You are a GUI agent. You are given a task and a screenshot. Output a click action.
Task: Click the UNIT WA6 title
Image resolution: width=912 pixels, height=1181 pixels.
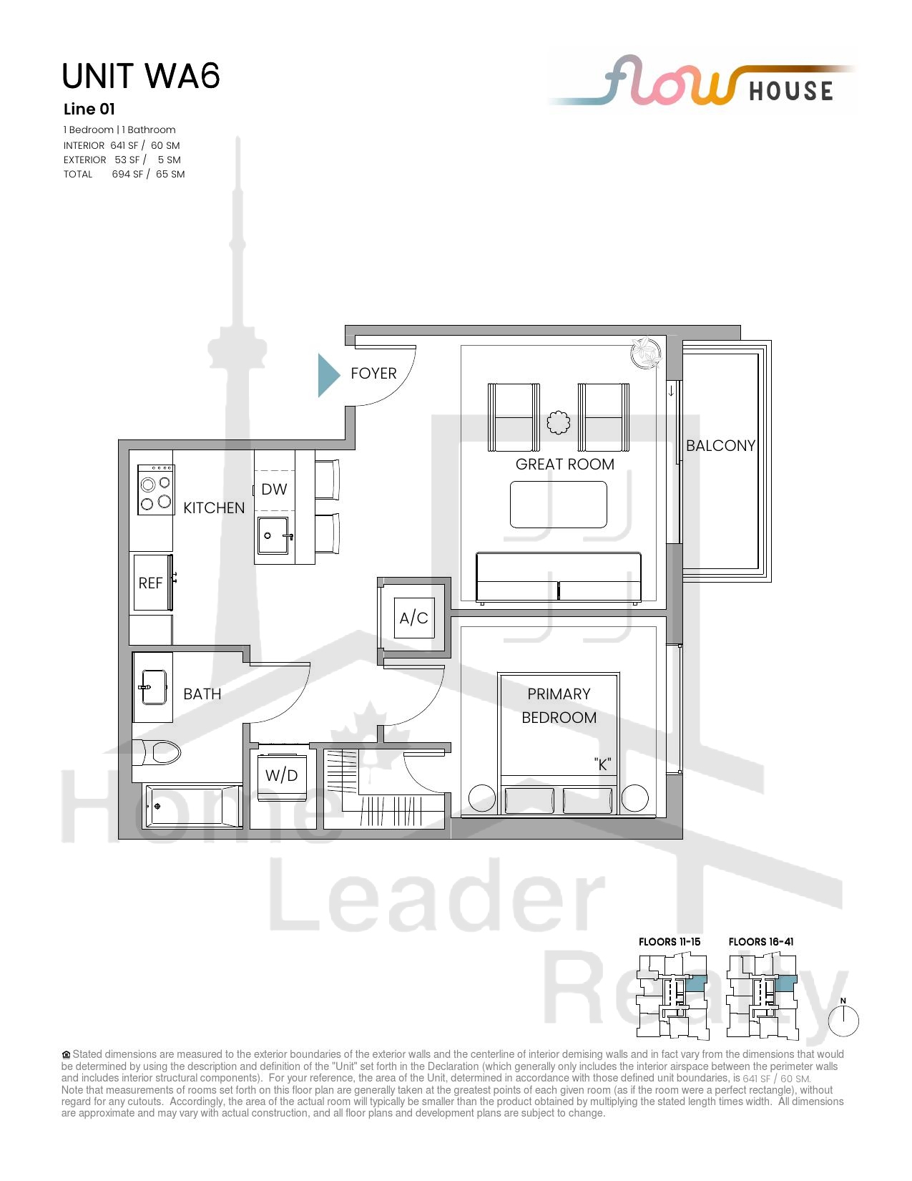141,76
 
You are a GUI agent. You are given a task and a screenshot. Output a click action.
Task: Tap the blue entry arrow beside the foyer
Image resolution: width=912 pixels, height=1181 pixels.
328,375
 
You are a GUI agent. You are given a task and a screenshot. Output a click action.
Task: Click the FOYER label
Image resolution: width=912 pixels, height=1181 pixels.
373,374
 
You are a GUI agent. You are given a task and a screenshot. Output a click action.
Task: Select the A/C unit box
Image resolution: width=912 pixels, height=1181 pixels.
414,618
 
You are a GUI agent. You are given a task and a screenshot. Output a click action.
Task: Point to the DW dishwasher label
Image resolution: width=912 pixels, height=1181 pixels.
274,489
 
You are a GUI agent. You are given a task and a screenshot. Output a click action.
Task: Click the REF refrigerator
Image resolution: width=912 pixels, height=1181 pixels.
152,583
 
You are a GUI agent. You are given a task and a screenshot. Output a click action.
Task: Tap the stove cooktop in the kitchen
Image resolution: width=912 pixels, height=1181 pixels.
156,490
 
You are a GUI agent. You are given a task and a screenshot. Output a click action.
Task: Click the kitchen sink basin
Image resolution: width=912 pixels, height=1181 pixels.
273,535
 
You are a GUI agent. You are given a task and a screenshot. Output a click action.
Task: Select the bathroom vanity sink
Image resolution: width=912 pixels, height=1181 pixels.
154,688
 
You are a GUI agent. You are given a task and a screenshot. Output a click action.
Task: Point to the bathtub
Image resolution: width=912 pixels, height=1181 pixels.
193,806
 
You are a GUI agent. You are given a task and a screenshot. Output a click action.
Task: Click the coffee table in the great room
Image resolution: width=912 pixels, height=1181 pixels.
559,505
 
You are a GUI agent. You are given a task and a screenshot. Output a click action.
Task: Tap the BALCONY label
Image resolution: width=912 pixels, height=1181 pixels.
720,446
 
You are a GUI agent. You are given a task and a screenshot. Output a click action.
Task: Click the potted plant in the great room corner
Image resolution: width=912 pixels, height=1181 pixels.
646,354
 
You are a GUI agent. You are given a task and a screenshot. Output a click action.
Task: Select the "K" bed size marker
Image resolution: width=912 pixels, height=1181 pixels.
602,764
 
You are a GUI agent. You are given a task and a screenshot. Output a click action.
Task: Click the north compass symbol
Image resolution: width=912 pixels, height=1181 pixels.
843,1020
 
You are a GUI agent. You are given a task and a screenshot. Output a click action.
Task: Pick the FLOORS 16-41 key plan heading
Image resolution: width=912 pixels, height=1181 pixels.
761,942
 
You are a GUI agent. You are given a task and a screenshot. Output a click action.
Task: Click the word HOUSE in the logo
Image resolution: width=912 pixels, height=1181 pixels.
791,91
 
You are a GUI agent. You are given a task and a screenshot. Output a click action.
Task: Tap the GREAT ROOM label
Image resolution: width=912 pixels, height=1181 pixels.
565,464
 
